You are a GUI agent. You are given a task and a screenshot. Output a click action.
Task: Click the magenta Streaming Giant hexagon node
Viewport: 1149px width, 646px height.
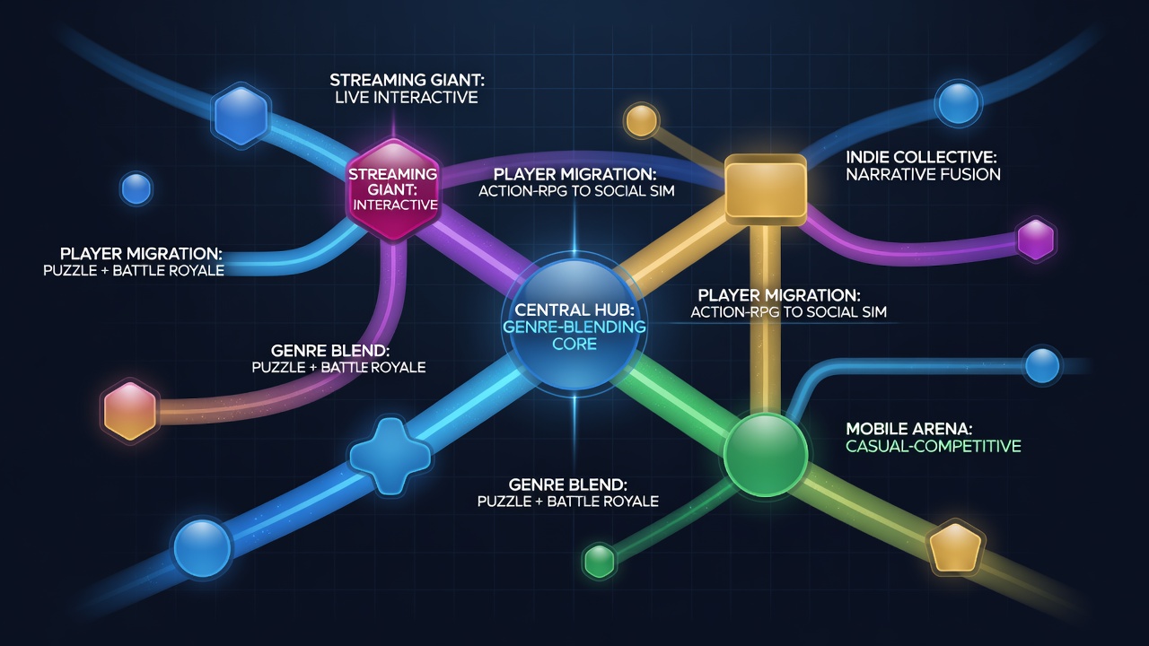tap(393, 189)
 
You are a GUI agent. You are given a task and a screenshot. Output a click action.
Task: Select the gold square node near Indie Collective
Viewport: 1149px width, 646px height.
tap(766, 189)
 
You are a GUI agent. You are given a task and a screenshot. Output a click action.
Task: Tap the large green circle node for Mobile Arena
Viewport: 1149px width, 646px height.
tap(766, 455)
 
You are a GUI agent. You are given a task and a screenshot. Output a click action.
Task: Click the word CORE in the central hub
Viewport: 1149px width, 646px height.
tap(574, 344)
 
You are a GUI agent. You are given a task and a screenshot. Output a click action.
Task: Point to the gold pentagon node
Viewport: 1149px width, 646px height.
tap(955, 547)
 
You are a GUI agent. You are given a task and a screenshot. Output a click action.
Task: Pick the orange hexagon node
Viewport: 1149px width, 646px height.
tap(130, 411)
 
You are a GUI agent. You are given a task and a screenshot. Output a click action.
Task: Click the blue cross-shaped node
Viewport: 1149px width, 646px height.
tap(390, 455)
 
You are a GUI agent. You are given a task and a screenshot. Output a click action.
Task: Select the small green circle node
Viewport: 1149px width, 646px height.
tap(599, 561)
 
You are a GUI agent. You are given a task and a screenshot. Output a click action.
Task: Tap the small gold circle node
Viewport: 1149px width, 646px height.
tap(641, 120)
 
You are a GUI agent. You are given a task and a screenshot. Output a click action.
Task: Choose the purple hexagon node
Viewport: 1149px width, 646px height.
tap(1036, 240)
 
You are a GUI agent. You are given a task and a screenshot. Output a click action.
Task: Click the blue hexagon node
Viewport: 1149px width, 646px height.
tap(241, 115)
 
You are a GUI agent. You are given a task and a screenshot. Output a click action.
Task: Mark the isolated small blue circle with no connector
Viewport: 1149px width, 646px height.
tap(136, 188)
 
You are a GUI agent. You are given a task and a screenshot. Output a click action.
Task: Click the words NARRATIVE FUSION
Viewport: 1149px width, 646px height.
tap(923, 174)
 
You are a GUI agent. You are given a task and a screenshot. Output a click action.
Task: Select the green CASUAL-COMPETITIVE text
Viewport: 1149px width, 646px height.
tap(933, 446)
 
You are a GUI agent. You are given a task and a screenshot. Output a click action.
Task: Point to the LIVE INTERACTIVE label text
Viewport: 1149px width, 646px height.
tap(407, 98)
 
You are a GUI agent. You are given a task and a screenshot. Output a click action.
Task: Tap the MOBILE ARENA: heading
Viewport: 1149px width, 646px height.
tap(909, 429)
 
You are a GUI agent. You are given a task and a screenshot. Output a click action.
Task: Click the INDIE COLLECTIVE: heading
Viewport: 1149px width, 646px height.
tap(921, 157)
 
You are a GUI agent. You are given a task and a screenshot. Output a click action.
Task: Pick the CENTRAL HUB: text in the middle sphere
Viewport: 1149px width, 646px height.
tap(574, 310)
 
